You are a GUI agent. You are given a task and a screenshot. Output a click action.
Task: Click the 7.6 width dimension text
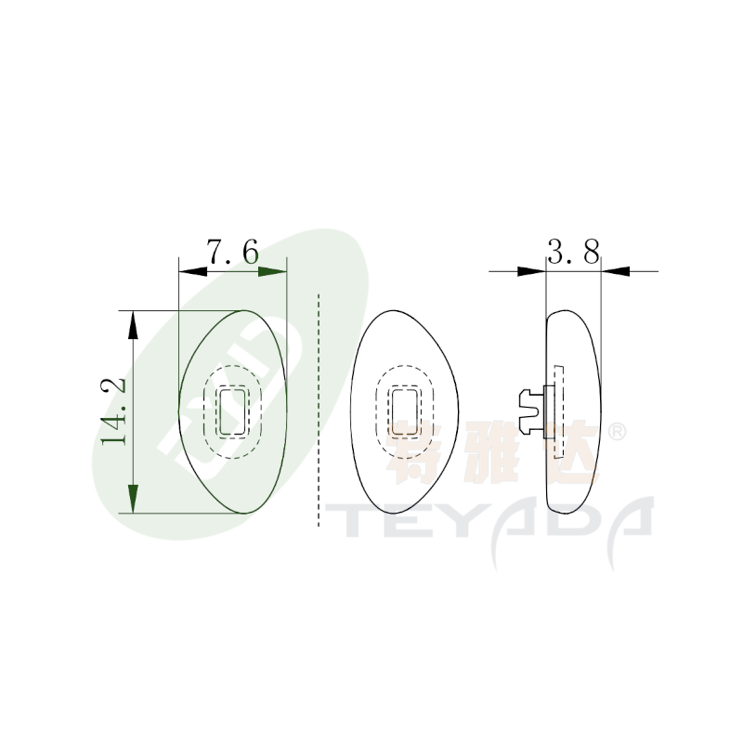tap(233, 252)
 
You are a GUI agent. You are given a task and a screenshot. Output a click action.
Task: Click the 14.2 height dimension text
tap(113, 411)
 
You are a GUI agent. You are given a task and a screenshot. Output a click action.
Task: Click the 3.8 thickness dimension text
tap(574, 252)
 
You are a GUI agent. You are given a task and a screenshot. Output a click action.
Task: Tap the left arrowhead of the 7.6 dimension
tap(193, 271)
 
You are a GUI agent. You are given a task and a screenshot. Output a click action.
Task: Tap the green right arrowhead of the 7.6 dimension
tap(272, 271)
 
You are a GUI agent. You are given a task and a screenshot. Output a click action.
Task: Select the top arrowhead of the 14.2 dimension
tap(134, 324)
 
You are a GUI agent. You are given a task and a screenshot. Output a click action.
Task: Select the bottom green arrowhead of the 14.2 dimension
tap(134, 499)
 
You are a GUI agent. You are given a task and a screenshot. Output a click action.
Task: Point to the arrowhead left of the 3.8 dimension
tap(531, 271)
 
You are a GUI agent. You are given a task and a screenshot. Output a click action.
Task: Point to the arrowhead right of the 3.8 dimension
tap(616, 271)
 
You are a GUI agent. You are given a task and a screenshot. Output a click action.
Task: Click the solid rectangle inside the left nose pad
tap(233, 411)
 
